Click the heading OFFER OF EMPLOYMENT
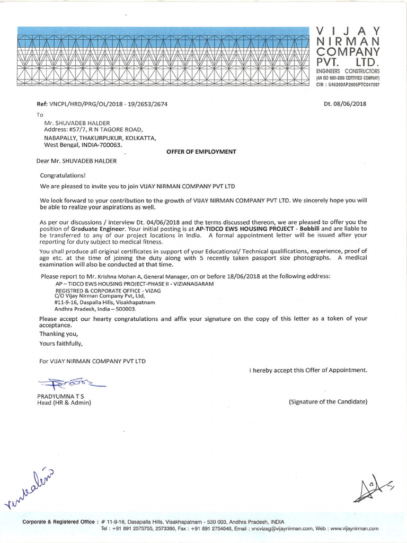tap(201, 152)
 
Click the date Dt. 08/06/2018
tap(345, 104)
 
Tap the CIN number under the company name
tap(348, 84)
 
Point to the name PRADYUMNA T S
tap(60, 396)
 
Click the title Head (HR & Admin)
tap(64, 403)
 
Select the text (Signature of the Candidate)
tap(328, 402)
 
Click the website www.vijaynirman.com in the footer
tap(355, 529)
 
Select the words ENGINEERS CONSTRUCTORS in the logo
tap(348, 71)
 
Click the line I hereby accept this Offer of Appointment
tap(308, 370)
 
